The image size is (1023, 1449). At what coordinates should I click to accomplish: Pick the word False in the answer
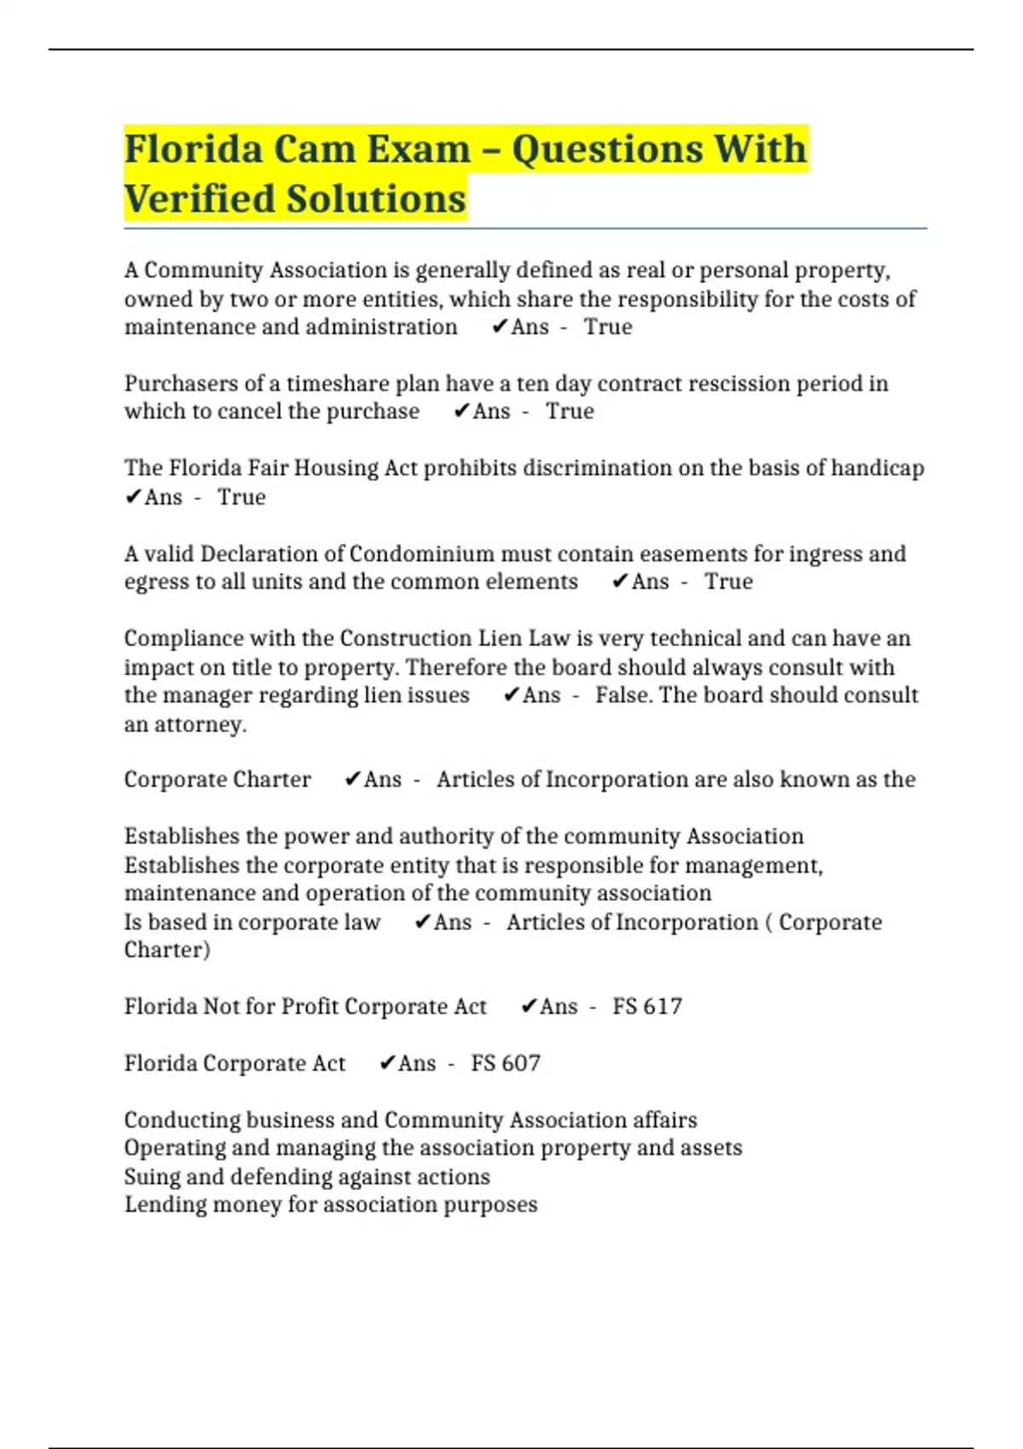coord(623,695)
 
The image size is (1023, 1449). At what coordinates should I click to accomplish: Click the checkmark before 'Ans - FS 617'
coord(529,1007)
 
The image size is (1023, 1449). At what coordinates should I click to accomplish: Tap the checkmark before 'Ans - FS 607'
coord(387,1063)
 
